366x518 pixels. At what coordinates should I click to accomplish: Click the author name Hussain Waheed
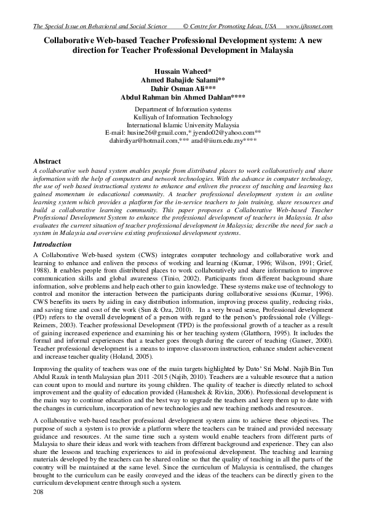(x=183, y=71)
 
